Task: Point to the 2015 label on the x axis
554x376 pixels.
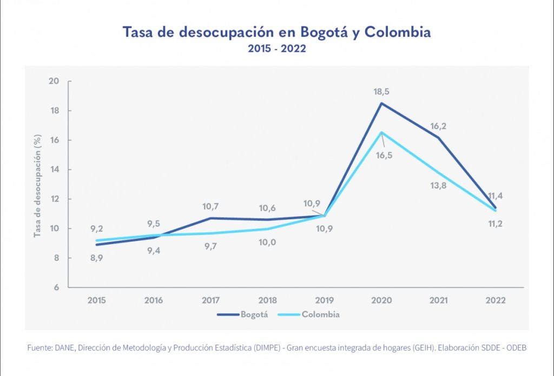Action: [x=97, y=300]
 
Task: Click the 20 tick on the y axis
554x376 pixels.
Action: [x=54, y=82]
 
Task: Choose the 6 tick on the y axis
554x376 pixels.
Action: [x=56, y=287]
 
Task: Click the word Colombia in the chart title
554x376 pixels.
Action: [x=398, y=32]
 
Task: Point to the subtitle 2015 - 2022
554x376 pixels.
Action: [x=277, y=49]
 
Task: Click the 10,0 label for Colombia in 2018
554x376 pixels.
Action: [x=267, y=243]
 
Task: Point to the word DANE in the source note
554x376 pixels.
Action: [x=64, y=348]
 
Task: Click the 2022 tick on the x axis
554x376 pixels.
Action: [x=496, y=300]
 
